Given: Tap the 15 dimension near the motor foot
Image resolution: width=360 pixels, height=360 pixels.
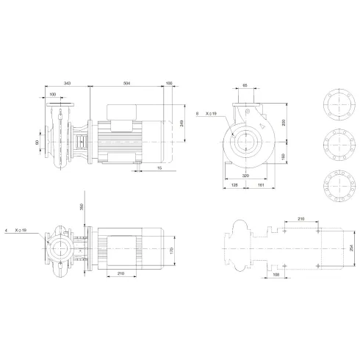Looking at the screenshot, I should [x=159, y=168].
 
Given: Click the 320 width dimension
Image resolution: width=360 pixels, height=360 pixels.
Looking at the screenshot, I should [x=245, y=177].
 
